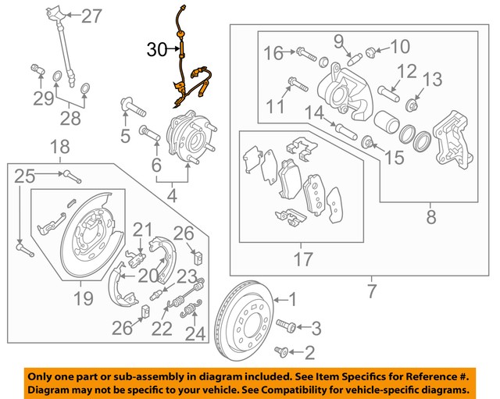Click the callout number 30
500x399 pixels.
[x=157, y=51]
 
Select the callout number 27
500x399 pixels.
[x=91, y=15]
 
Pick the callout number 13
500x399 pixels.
[x=433, y=79]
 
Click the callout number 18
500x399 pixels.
[x=60, y=146]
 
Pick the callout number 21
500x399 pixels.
[x=142, y=230]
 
